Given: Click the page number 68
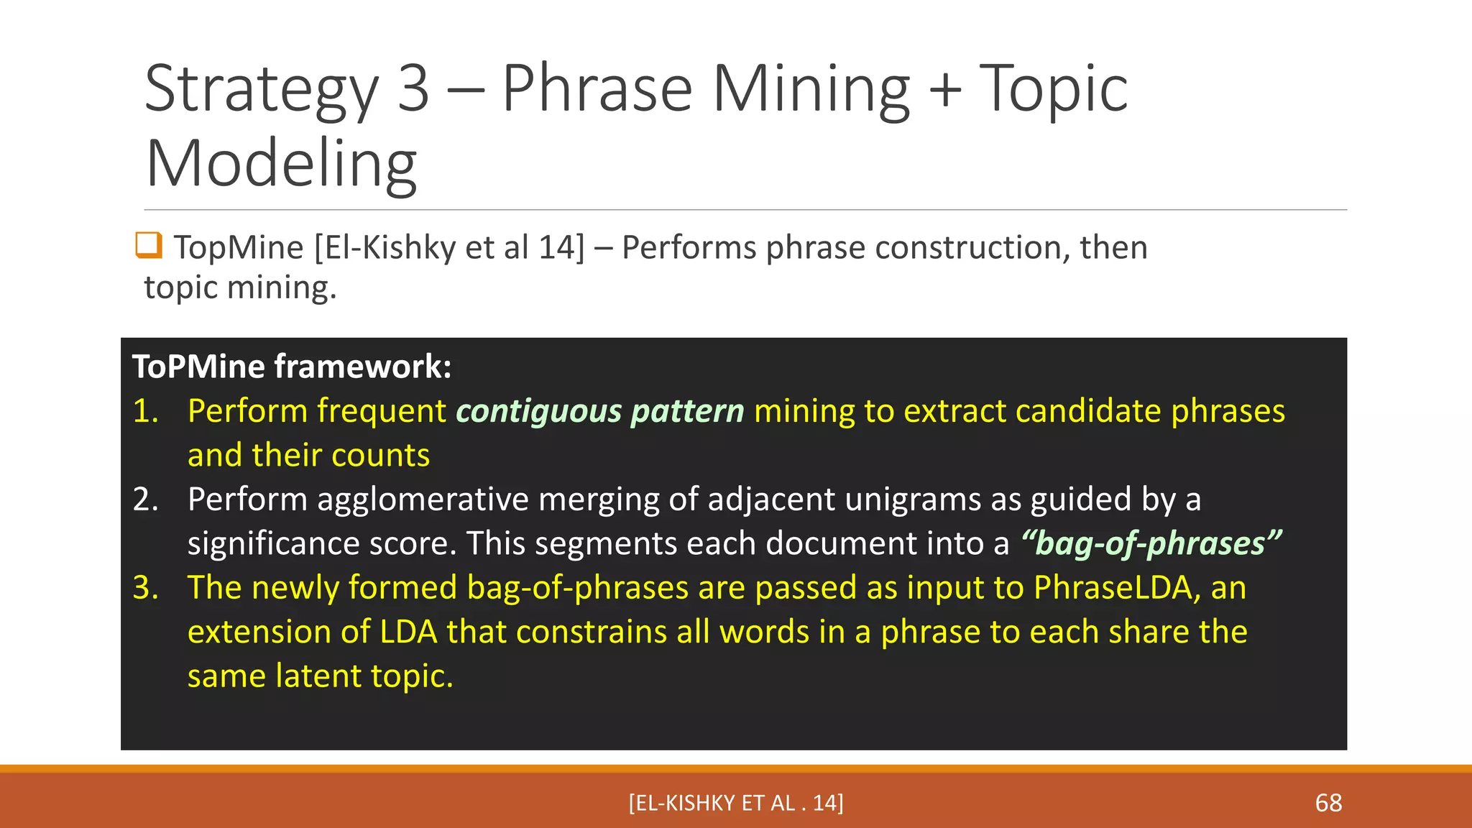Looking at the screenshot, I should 1328,803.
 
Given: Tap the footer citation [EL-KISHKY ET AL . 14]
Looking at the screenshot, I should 736,803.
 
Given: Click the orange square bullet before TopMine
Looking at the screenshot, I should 149,245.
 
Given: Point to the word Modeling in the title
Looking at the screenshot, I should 281,164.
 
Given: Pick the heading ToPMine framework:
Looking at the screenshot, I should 292,367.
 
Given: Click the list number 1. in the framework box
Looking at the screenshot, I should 146,411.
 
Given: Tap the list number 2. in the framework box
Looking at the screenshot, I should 146,500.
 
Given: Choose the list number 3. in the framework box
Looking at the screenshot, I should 146,588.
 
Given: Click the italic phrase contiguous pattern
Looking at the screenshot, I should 600,411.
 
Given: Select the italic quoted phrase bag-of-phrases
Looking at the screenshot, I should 1151,543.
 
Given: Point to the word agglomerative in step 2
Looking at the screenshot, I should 423,500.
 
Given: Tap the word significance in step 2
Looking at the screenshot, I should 273,543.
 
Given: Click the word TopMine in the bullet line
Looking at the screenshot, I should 239,248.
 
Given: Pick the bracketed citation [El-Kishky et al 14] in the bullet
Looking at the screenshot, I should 450,248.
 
